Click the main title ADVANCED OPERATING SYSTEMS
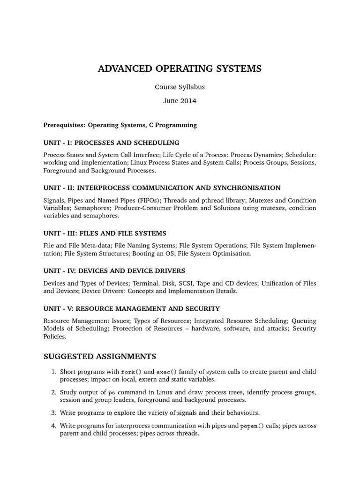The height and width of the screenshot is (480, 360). tap(180, 69)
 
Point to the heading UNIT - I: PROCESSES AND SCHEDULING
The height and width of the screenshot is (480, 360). tap(111, 142)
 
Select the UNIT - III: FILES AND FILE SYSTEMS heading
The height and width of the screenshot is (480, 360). tap(105, 233)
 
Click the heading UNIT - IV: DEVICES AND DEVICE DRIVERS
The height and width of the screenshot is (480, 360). tap(114, 271)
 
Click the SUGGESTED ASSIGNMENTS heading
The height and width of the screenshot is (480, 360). tap(99, 357)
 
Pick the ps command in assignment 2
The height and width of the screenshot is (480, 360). tap(112, 392)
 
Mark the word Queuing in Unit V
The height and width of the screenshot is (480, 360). tap(304, 321)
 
